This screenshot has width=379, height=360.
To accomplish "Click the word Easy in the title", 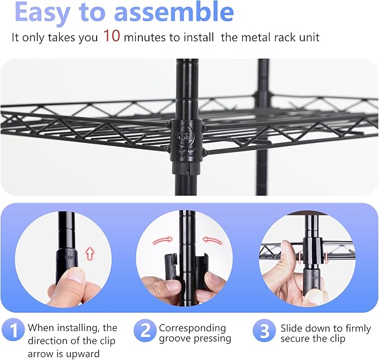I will click(x=49, y=12).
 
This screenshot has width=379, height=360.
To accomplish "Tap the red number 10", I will click(x=112, y=37).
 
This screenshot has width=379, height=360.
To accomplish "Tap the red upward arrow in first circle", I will click(x=89, y=254).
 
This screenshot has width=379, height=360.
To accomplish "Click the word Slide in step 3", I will click(x=292, y=328).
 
